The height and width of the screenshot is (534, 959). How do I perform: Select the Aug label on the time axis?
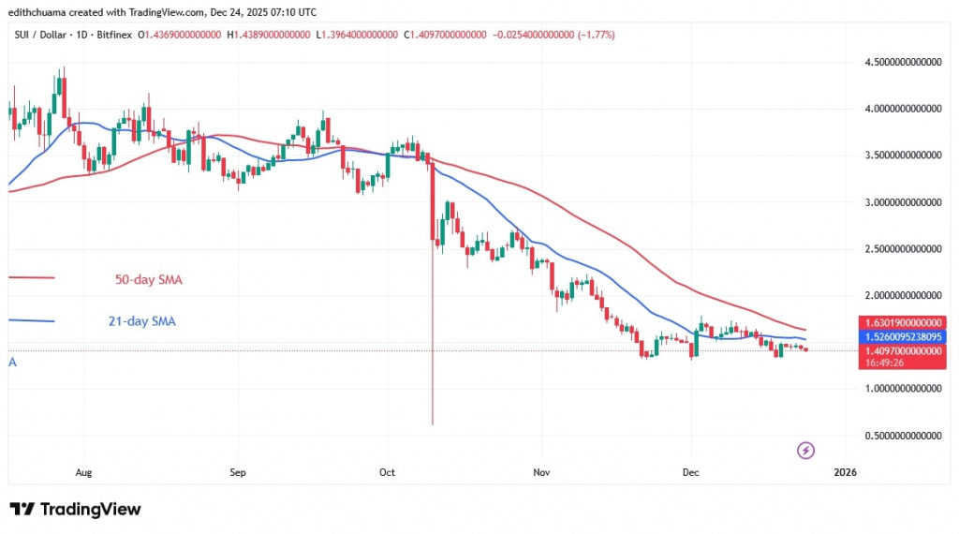(x=83, y=474)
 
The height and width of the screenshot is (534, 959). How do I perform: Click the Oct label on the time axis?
(x=387, y=474)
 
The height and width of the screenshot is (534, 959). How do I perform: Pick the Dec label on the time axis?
(x=690, y=474)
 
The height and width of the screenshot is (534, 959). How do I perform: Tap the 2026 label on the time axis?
(x=846, y=474)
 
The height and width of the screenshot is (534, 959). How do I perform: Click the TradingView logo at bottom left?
(x=75, y=510)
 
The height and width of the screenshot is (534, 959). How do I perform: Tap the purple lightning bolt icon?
(x=805, y=451)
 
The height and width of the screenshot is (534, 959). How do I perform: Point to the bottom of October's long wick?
(x=433, y=423)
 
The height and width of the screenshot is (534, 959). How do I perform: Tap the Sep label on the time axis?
(x=237, y=474)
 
